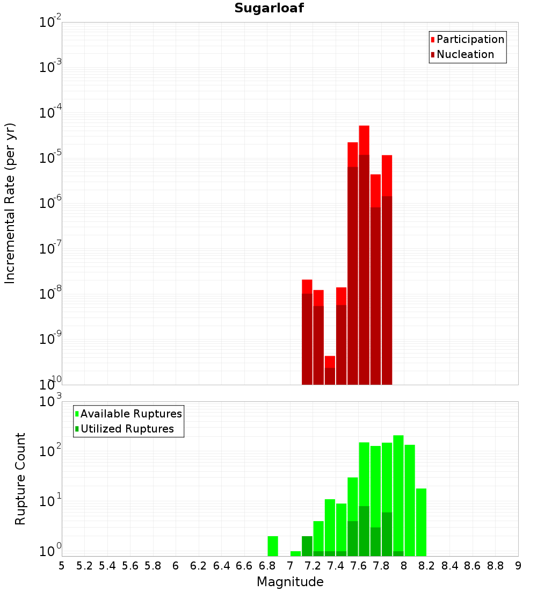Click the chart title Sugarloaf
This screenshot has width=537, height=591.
[269, 9]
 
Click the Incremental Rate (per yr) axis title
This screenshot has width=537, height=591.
[10, 204]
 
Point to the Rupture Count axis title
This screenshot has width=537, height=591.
[20, 479]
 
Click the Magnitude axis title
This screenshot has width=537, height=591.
[290, 582]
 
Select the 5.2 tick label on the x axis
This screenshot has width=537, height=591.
[84, 566]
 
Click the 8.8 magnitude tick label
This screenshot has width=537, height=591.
[495, 566]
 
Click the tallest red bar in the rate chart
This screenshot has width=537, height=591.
[364, 215]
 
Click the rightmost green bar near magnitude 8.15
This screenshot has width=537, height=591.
[421, 521]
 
